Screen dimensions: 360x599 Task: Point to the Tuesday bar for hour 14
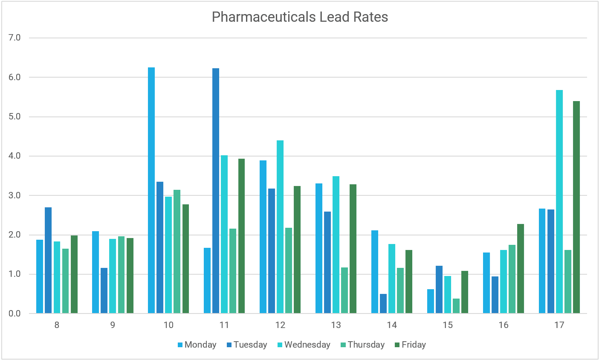[383, 304]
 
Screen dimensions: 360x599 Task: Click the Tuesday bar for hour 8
[48, 260]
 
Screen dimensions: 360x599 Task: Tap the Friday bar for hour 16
[521, 269]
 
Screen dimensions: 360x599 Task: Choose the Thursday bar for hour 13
[344, 290]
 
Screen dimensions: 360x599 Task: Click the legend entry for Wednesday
[307, 345]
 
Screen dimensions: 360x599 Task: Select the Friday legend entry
[414, 345]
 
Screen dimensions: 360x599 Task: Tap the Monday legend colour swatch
[180, 345]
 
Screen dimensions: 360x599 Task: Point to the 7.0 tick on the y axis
[14, 38]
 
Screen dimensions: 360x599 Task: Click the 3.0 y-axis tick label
[14, 195]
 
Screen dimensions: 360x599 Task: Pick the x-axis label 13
[336, 325]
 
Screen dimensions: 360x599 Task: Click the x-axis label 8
[57, 325]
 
